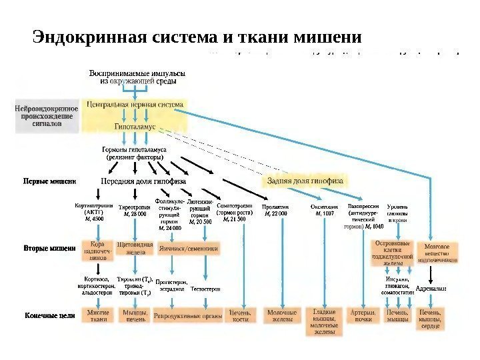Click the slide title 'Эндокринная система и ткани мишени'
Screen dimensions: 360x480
(197, 35)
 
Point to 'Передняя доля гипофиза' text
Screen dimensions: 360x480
(143, 181)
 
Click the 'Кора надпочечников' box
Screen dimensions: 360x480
(97, 249)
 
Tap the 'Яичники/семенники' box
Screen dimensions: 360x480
(189, 247)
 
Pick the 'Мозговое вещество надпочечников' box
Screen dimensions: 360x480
(437, 252)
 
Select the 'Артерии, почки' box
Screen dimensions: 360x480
(363, 315)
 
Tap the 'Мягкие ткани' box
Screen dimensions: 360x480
(97, 315)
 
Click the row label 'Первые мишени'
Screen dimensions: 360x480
(50, 181)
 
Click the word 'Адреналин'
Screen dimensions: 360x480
(431, 289)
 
